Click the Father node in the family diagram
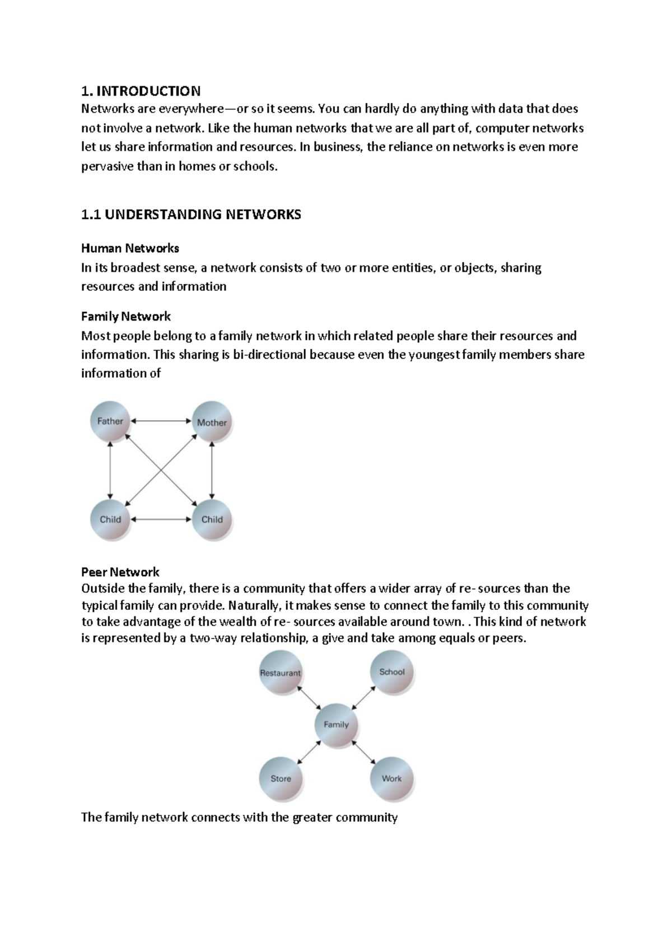click(110, 421)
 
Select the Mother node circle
click(212, 422)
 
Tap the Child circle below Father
click(110, 519)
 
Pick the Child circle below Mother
click(212, 519)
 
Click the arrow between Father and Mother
click(161, 421)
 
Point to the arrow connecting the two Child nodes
click(161, 519)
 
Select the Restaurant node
click(281, 673)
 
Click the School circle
click(392, 672)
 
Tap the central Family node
click(336, 725)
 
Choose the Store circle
click(281, 778)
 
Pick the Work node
click(391, 778)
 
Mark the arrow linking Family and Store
click(309, 751)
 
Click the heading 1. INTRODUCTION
click(141, 91)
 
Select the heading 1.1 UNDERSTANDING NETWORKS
click(191, 214)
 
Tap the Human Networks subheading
click(130, 248)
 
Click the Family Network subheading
click(125, 317)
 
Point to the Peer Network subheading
click(120, 572)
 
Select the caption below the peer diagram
click(239, 818)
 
